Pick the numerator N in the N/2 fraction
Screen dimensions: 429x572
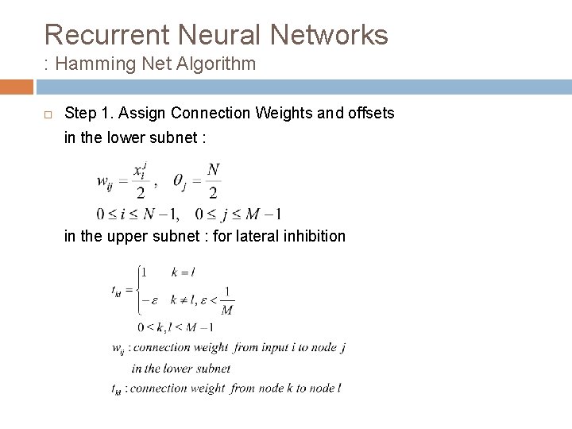213,169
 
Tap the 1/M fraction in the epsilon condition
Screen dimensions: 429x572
226,301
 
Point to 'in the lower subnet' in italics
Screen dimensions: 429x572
182,368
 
